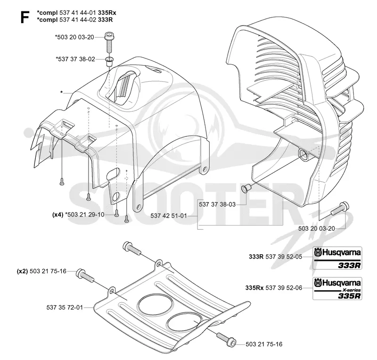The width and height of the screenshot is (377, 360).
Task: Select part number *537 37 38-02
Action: click(x=75, y=59)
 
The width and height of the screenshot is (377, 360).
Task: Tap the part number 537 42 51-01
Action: click(x=169, y=216)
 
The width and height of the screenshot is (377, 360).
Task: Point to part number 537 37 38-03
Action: click(x=217, y=204)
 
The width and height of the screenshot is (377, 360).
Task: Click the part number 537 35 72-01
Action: click(x=65, y=308)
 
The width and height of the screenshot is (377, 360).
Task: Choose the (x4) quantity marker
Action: click(x=57, y=215)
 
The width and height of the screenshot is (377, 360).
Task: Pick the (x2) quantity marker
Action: click(x=22, y=271)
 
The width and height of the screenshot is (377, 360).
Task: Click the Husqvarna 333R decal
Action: click(x=337, y=258)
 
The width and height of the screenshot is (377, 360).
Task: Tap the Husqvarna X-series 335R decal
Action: click(x=337, y=288)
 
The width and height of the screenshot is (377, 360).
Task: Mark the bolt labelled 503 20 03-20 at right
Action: click(x=340, y=209)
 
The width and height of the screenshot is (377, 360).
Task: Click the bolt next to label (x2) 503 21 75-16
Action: click(x=85, y=276)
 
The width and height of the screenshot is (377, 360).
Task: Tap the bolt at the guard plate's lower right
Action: click(x=226, y=339)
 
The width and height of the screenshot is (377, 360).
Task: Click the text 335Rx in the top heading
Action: click(x=107, y=13)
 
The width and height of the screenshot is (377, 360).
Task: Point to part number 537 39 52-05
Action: click(x=284, y=257)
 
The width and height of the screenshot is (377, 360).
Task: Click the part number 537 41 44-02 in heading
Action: click(x=78, y=19)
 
